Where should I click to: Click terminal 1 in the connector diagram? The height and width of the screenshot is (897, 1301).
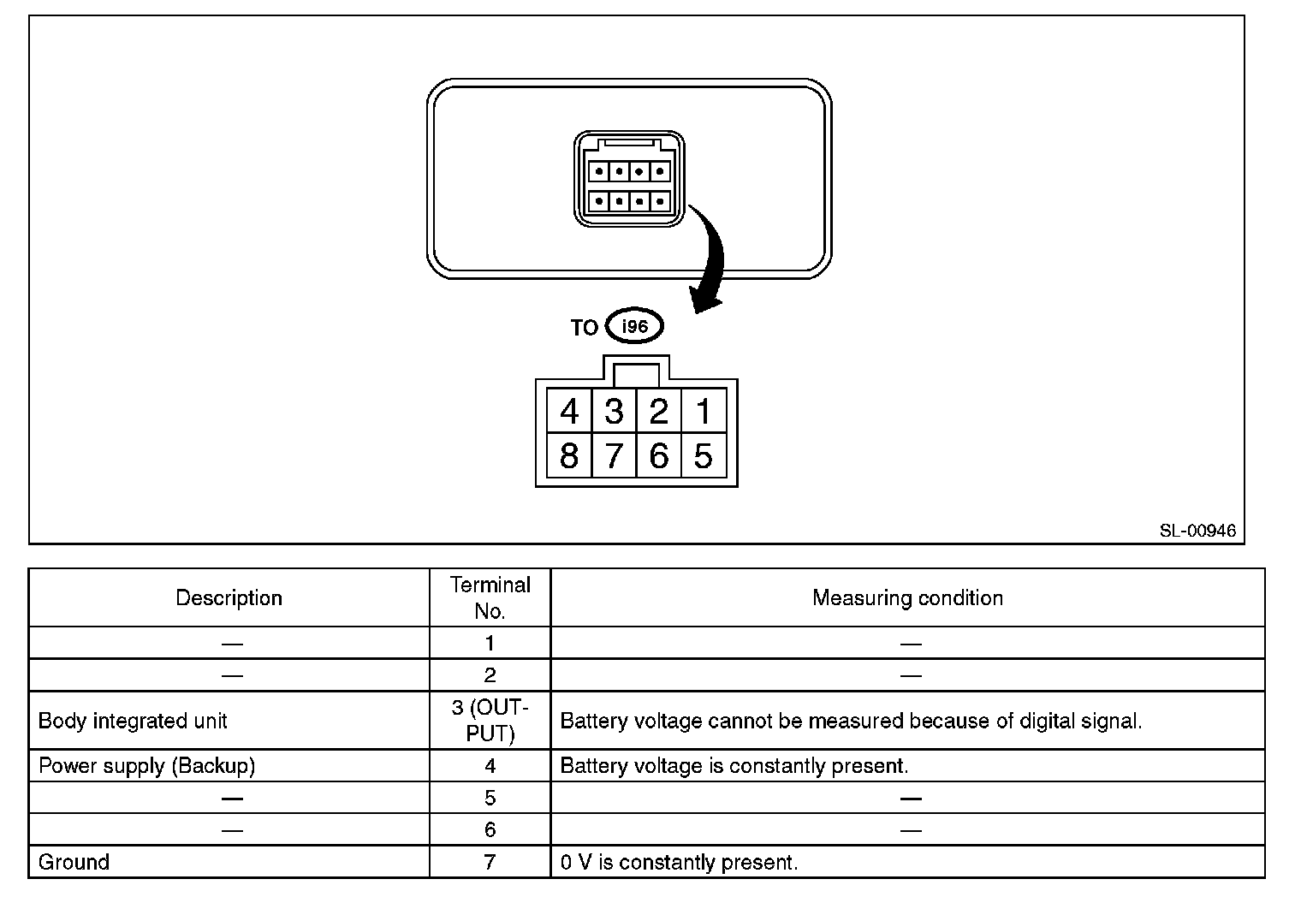(704, 412)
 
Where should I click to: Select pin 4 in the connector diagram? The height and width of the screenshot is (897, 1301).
(569, 412)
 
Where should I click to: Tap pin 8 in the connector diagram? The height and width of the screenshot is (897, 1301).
(569, 455)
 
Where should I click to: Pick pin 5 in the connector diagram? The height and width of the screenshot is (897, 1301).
(704, 455)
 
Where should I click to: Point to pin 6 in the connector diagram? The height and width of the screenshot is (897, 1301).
(658, 455)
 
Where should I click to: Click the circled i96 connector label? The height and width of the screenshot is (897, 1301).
(634, 326)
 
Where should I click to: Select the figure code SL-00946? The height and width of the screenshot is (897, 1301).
(1197, 531)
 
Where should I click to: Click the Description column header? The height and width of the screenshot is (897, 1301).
(229, 597)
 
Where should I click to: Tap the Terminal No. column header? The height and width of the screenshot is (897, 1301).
(490, 597)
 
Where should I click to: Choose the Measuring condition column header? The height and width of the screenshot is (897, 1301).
(907, 597)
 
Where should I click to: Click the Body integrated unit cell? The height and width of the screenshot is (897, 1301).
(134, 721)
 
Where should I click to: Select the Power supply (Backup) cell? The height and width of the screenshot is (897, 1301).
(147, 765)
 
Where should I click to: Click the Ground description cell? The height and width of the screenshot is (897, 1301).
(74, 861)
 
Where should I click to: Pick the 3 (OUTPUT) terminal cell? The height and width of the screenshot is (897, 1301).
(490, 721)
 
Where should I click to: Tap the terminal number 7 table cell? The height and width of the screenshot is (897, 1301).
(490, 861)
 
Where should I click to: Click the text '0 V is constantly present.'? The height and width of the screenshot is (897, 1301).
(679, 862)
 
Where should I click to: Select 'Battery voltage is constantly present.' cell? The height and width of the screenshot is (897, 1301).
(734, 765)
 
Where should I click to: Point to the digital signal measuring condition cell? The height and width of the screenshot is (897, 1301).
(851, 721)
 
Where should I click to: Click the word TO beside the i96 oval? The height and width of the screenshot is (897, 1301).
(585, 328)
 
